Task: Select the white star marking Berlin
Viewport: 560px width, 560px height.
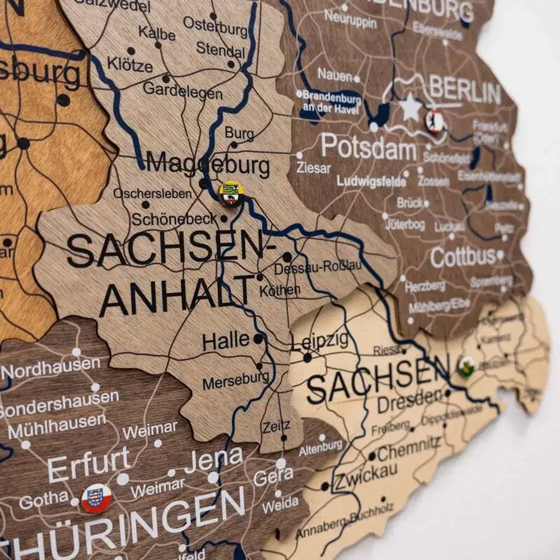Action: pyautogui.click(x=410, y=108)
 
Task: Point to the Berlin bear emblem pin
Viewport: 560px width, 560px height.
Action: pyautogui.click(x=435, y=122)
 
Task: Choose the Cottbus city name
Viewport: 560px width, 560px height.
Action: pyautogui.click(x=463, y=257)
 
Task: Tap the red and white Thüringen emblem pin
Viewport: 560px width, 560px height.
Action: pyautogui.click(x=96, y=498)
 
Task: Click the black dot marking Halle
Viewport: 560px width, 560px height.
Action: pyautogui.click(x=258, y=339)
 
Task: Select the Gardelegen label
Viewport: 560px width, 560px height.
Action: pyautogui.click(x=182, y=90)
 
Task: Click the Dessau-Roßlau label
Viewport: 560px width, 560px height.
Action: pyautogui.click(x=318, y=268)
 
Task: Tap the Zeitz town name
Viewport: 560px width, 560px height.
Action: pyautogui.click(x=276, y=427)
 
